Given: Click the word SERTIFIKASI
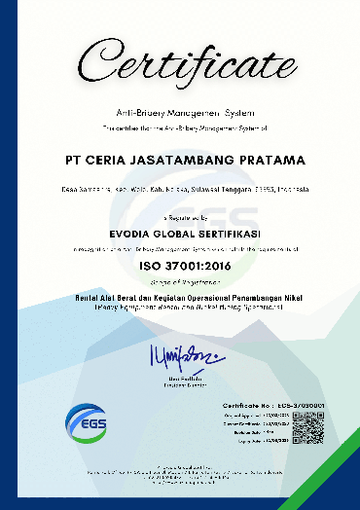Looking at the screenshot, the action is [224, 234].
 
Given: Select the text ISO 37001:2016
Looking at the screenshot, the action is [180, 263].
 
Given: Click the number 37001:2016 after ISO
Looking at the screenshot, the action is [195, 263].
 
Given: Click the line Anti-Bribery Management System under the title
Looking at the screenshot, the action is [180, 114].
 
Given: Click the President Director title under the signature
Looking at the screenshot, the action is [179, 382].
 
